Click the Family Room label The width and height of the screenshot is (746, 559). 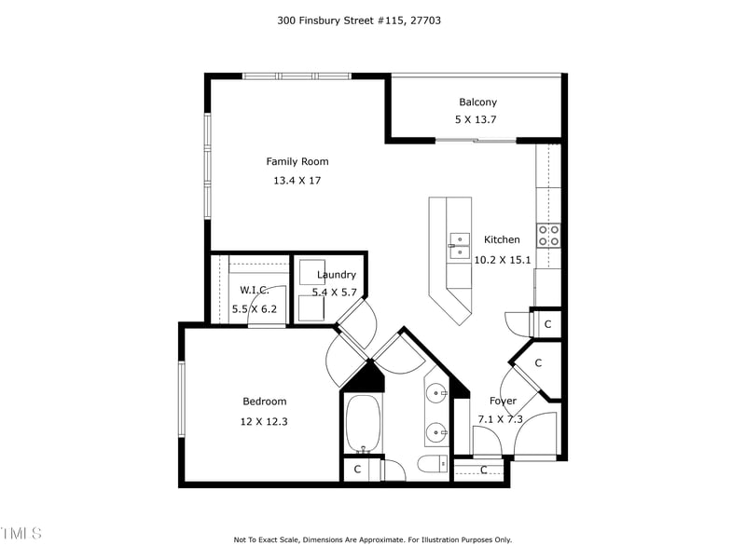pos(297,161)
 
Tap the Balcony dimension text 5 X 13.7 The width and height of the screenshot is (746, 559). pos(477,120)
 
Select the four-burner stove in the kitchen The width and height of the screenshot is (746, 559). pos(548,235)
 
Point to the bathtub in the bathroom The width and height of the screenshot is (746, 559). pos(361,424)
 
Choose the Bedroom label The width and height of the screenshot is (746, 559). pos(264,402)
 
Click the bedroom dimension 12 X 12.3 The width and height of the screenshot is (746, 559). pos(264,421)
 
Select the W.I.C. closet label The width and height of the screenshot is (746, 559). pos(254,291)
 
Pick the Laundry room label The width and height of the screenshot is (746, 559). pos(336,275)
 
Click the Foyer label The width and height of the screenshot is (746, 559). pos(503,402)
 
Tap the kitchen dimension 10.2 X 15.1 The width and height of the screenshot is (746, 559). pos(503,260)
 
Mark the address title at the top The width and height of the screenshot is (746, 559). pos(359,19)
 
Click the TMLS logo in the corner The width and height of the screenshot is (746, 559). pos(21,533)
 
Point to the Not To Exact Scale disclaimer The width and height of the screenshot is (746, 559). pos(372,539)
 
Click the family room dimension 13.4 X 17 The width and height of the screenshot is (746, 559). pos(297,181)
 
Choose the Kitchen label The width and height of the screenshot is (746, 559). pos(502,239)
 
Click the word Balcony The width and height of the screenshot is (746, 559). pos(477,102)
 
